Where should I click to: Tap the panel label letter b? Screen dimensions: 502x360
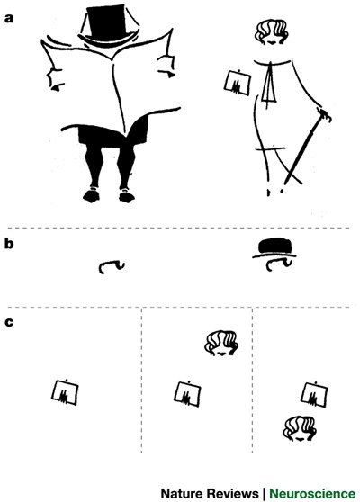(8, 243)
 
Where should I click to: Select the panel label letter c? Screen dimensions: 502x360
(8, 323)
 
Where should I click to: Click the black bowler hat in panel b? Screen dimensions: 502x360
(275, 247)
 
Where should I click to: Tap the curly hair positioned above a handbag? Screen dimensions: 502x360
(221, 343)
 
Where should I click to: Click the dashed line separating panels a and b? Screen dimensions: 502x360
(180, 227)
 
